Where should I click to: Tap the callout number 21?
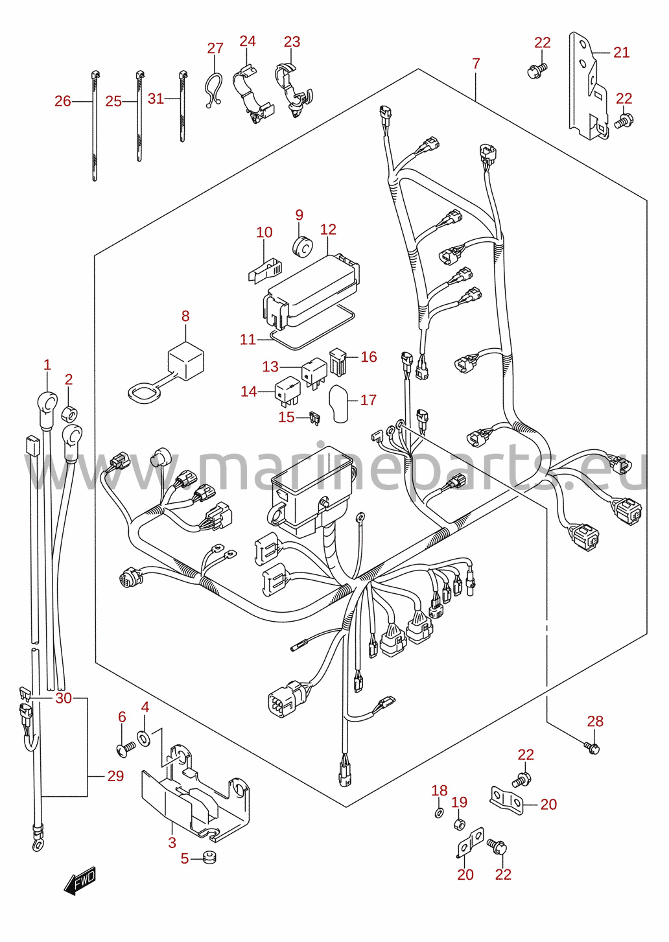coord(621,53)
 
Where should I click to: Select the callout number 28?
coord(595,721)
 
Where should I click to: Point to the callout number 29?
coord(115,776)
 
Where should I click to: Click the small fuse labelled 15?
coord(314,418)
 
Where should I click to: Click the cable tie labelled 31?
coord(183,106)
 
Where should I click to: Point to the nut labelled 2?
coord(70,414)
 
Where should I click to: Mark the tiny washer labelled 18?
coord(438,813)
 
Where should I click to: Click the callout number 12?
coord(328,230)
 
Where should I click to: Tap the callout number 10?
coord(264,232)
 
